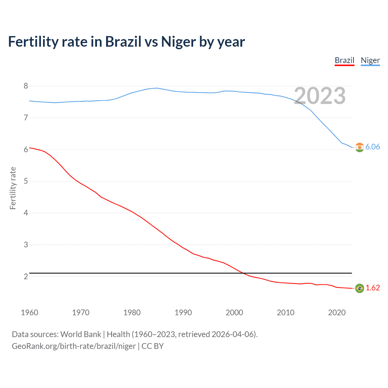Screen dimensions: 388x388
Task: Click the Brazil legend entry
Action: [344, 60]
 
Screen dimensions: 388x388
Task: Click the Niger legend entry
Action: [370, 60]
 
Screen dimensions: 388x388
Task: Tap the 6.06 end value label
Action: [373, 147]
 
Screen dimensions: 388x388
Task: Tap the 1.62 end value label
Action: [373, 288]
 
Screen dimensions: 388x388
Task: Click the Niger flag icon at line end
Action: [360, 147]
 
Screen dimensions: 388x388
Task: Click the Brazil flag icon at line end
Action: [360, 288]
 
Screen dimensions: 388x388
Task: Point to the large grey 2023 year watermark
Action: [320, 96]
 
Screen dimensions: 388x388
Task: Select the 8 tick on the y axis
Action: [26, 86]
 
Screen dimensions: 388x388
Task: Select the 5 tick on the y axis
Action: [26, 181]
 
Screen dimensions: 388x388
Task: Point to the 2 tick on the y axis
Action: [26, 276]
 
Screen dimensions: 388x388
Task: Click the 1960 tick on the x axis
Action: [29, 313]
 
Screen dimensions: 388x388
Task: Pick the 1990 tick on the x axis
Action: [183, 313]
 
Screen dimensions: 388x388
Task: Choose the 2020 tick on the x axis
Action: [337, 313]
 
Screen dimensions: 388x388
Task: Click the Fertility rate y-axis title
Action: [13, 188]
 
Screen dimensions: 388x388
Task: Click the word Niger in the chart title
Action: [179, 42]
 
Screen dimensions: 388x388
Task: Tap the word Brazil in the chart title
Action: [123, 42]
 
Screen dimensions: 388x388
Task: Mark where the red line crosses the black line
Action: [243, 273]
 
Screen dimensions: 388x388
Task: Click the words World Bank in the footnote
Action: [81, 334]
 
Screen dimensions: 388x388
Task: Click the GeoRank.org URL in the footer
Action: [74, 346]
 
